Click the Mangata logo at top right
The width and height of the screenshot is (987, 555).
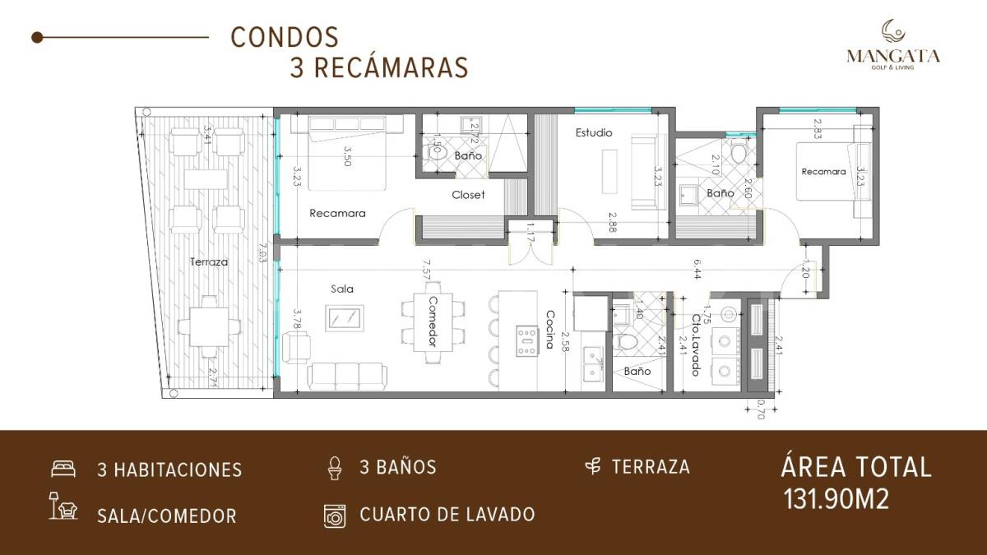(893, 45)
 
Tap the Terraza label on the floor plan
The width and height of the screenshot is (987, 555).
(208, 261)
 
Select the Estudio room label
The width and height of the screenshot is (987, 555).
(593, 132)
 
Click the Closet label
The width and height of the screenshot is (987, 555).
(468, 195)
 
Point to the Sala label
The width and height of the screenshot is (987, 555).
(342, 289)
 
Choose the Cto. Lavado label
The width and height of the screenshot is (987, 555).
(696, 345)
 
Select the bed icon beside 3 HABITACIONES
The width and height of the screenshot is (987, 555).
(63, 469)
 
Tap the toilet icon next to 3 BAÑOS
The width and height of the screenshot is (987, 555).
(334, 467)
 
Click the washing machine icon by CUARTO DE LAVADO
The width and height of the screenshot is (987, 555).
(335, 515)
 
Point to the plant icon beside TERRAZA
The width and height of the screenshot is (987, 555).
(591, 467)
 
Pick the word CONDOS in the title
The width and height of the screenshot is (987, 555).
(285, 38)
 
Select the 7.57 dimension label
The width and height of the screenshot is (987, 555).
(426, 270)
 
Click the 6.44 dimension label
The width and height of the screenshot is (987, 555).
(696, 269)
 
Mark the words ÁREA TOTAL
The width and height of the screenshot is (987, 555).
(855, 467)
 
